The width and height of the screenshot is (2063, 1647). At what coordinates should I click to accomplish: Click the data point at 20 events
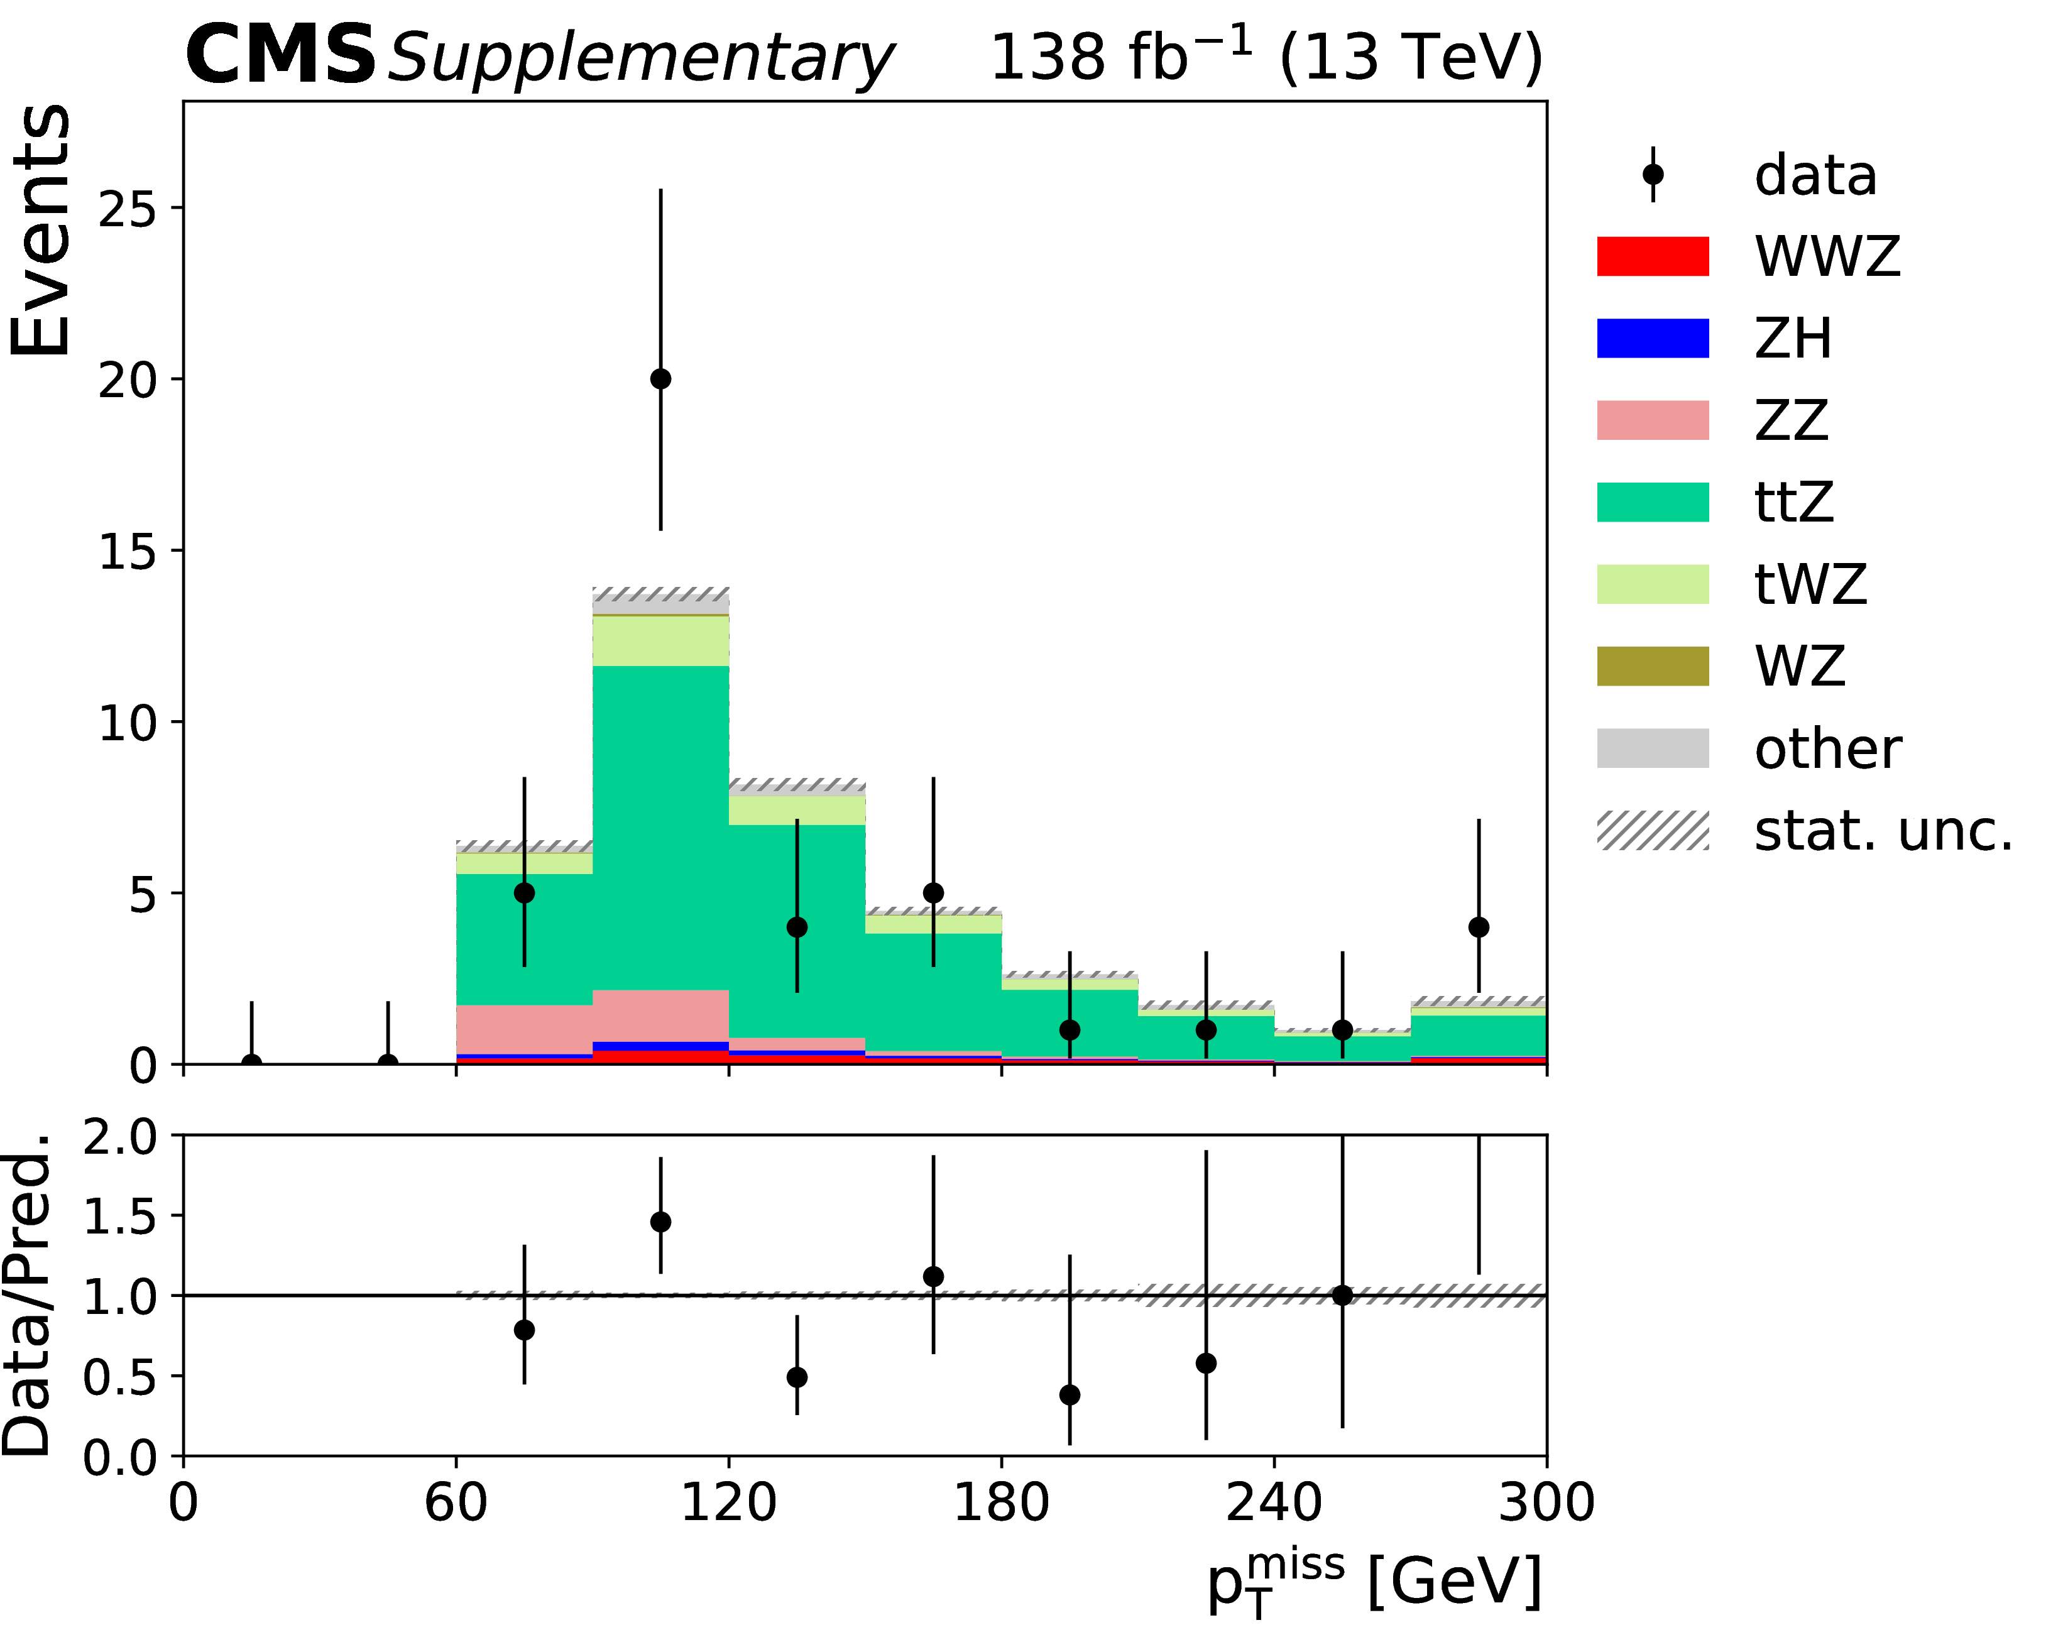[x=660, y=379]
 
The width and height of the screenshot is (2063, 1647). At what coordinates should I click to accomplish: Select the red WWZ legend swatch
[x=1653, y=256]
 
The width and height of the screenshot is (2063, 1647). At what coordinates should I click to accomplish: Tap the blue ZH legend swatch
[x=1653, y=339]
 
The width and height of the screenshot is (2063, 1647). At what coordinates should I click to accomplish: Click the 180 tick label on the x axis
[x=1001, y=1502]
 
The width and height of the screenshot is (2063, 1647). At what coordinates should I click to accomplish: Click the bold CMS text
[x=280, y=55]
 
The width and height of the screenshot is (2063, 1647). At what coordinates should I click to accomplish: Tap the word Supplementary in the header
[x=639, y=59]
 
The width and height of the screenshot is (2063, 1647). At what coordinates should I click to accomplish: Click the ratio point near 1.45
[x=660, y=1222]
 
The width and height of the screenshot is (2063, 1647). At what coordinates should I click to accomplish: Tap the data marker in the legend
[x=1653, y=174]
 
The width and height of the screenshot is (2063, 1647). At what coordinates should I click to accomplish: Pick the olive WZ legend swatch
[x=1653, y=666]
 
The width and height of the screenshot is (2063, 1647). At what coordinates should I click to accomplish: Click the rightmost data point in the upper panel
[x=1479, y=927]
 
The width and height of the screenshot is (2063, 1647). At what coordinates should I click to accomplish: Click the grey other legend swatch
[x=1653, y=748]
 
